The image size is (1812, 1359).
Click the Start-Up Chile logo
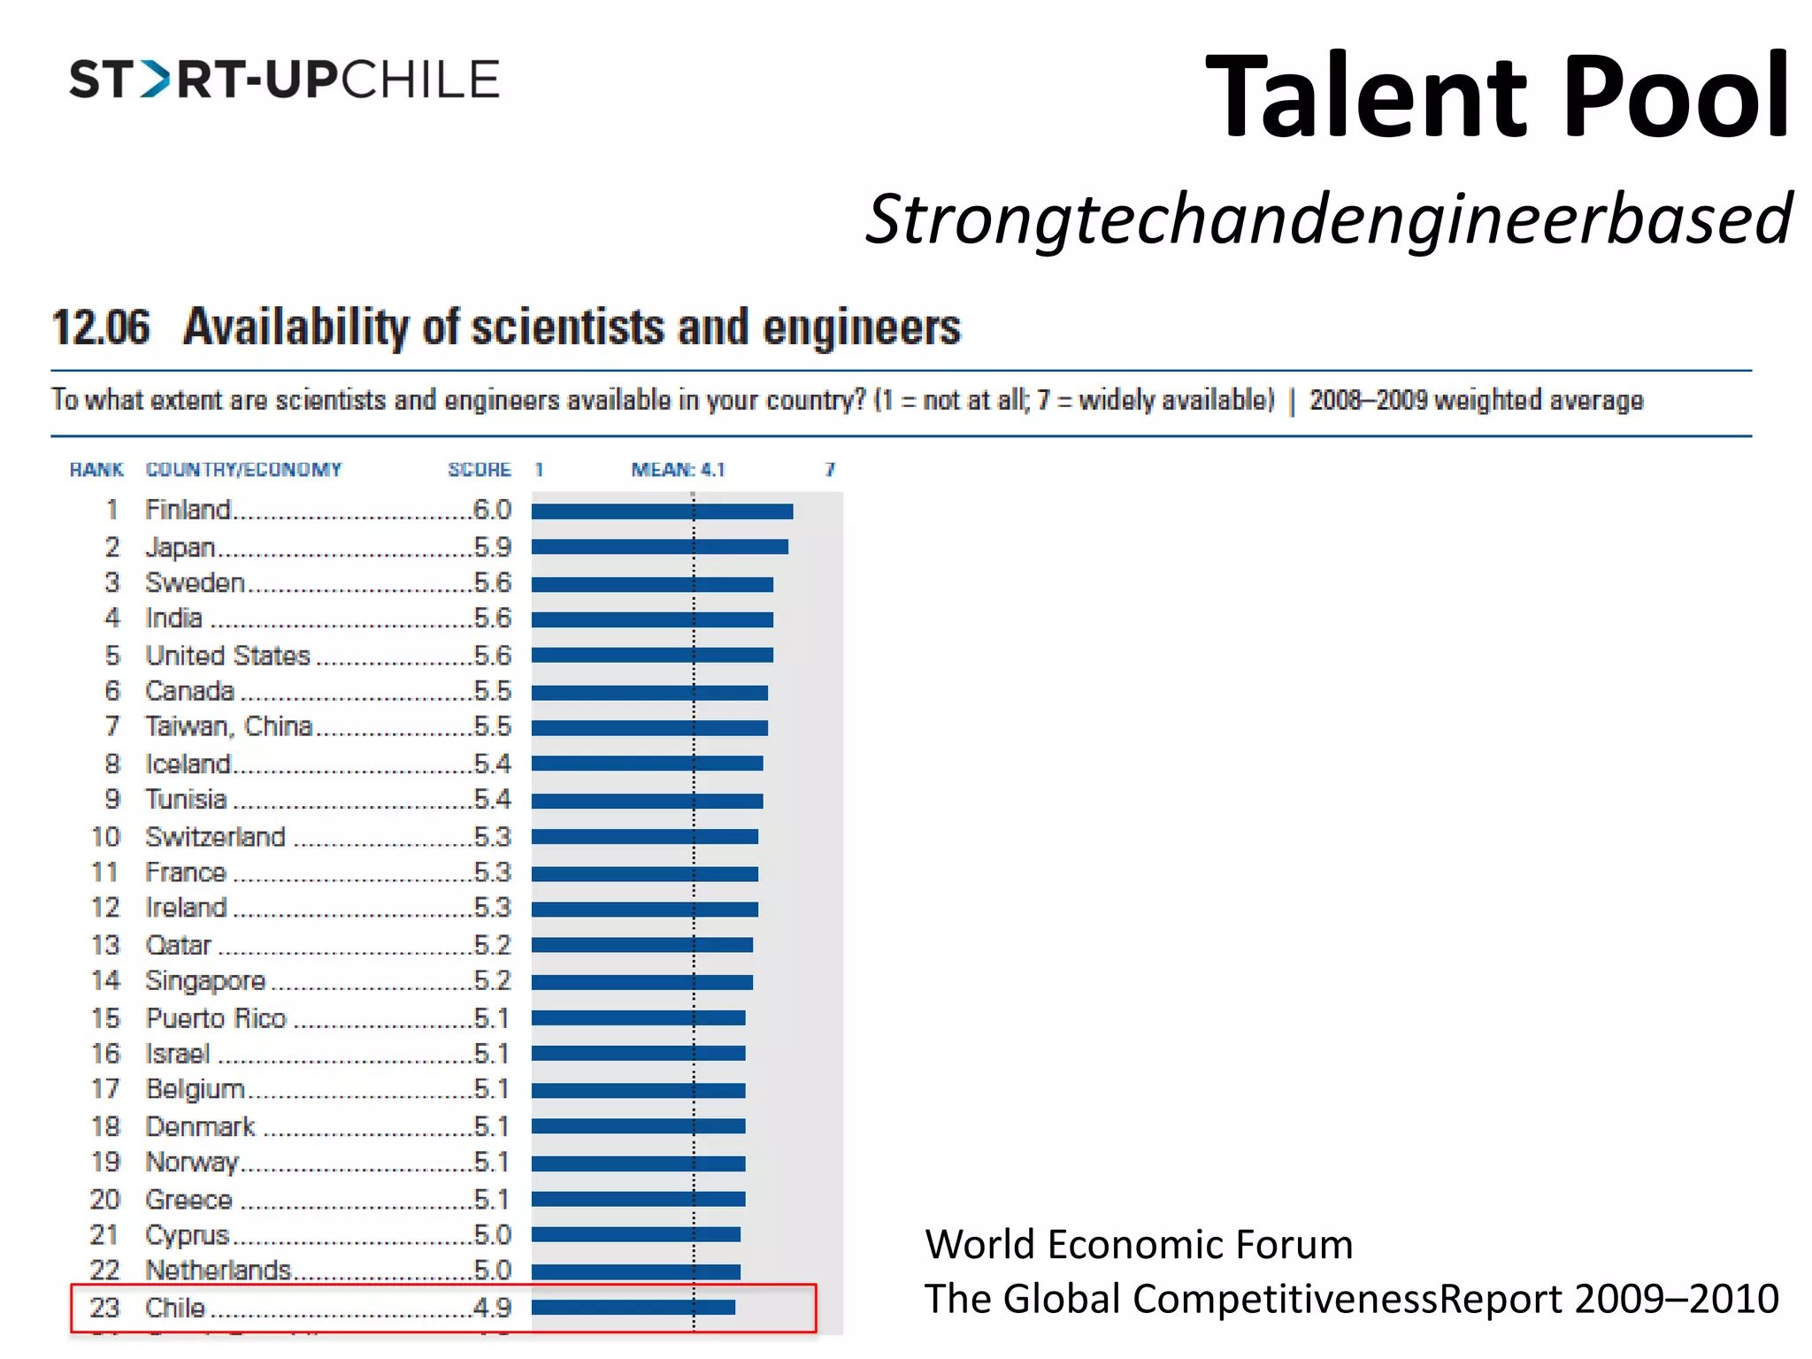(x=284, y=80)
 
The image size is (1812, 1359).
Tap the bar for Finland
(x=662, y=511)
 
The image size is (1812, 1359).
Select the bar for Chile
(x=633, y=1308)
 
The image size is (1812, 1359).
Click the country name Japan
(x=180, y=548)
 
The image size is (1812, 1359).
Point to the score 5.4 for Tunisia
(x=492, y=800)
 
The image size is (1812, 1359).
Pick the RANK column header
(x=96, y=470)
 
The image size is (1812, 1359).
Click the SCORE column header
(x=479, y=470)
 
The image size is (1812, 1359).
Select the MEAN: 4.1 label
(x=678, y=470)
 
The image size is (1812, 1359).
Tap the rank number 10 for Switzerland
(x=105, y=837)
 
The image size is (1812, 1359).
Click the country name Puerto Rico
(x=216, y=1018)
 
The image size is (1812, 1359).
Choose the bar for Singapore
(x=641, y=982)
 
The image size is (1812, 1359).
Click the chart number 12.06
(x=101, y=327)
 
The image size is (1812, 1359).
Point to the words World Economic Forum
(x=1139, y=1245)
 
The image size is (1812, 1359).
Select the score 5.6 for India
(x=492, y=618)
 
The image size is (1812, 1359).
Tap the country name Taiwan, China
(x=229, y=727)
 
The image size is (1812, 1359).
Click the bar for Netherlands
(x=635, y=1271)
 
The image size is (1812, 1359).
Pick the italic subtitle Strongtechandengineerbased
(x=1328, y=219)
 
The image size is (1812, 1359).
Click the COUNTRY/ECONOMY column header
(x=243, y=470)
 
